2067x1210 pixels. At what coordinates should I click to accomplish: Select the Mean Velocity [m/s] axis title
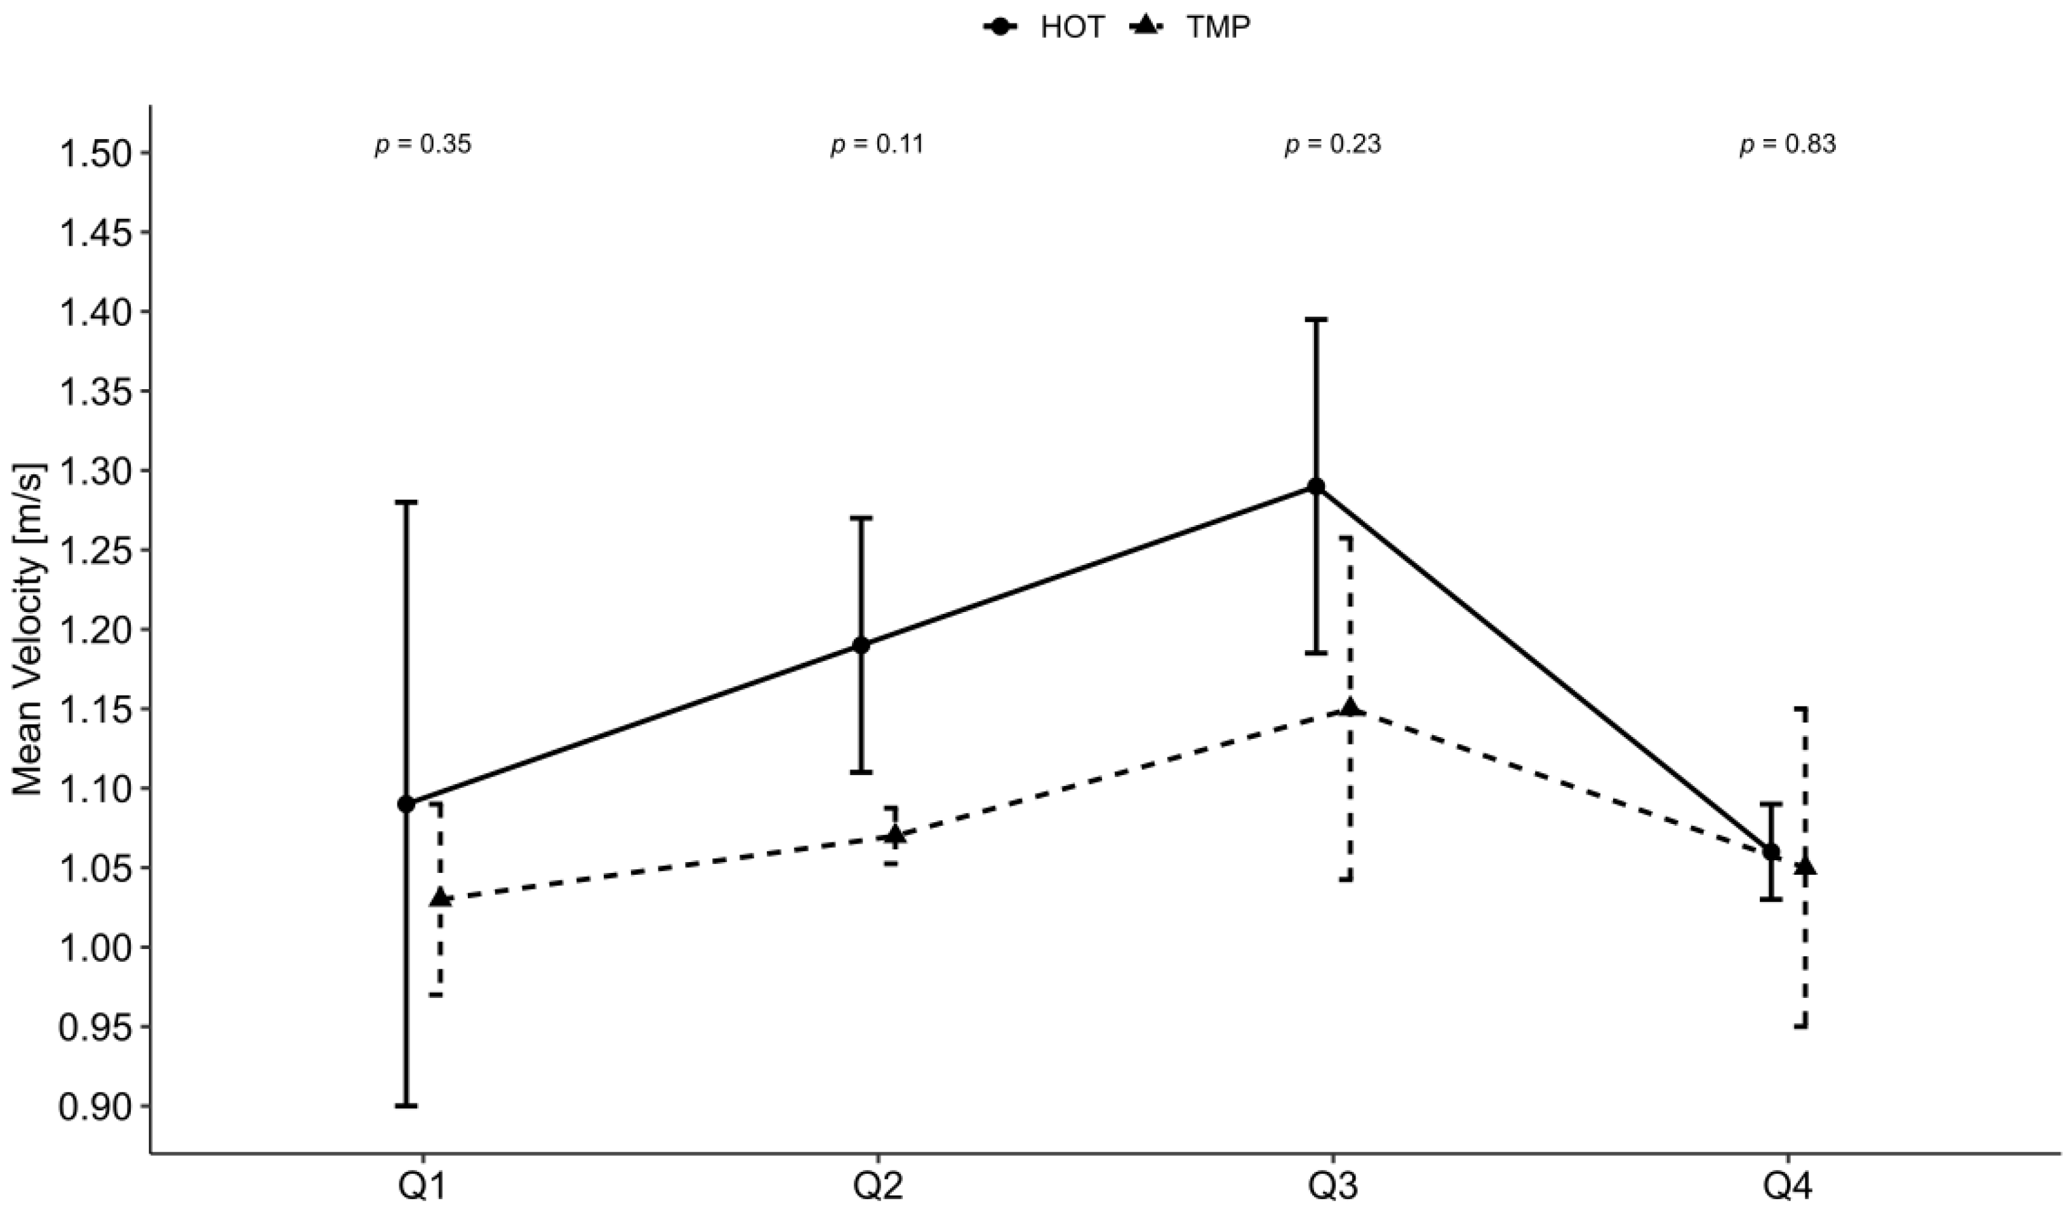pyautogui.click(x=29, y=629)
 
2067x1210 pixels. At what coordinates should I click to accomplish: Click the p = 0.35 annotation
pyautogui.click(x=423, y=144)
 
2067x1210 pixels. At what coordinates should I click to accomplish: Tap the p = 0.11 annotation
pyautogui.click(x=878, y=144)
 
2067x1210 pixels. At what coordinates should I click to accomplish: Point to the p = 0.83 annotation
pyautogui.click(x=1788, y=144)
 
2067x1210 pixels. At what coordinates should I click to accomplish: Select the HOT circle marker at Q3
pyautogui.click(x=1317, y=486)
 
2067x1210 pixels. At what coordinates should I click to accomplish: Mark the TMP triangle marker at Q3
pyautogui.click(x=1350, y=708)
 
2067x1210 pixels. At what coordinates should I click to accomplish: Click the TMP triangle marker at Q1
pyautogui.click(x=441, y=898)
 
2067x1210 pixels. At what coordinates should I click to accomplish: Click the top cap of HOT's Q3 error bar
pyautogui.click(x=1317, y=319)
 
